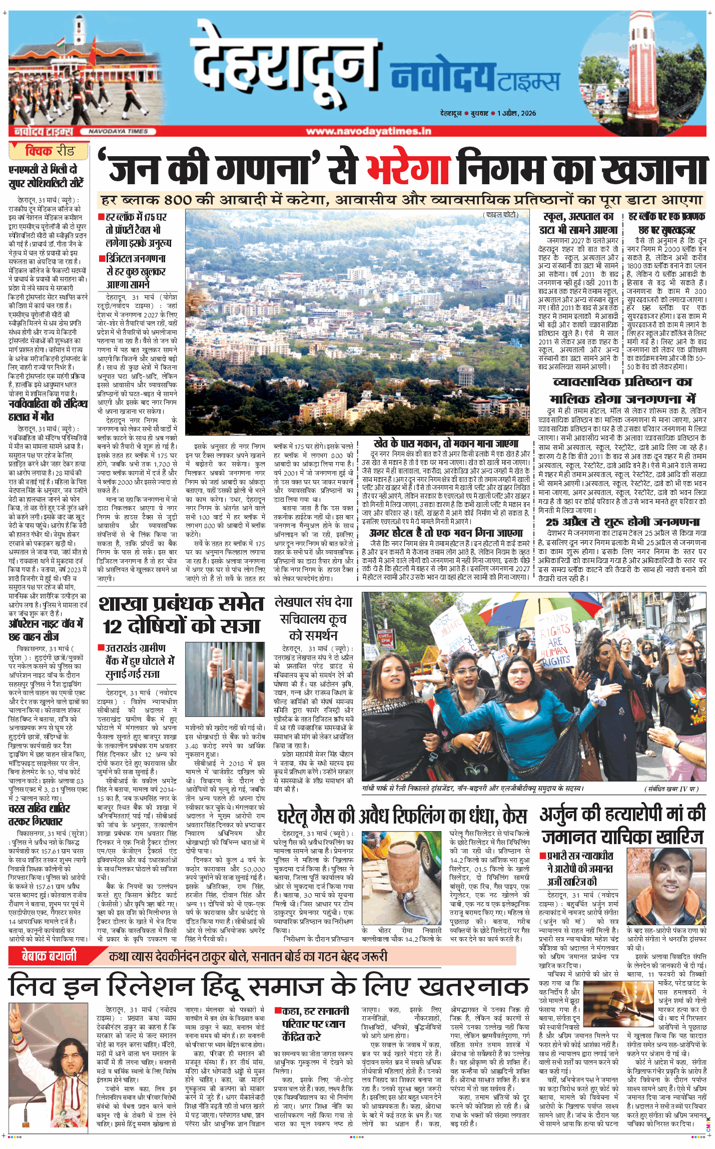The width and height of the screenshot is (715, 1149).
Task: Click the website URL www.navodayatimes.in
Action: [368, 131]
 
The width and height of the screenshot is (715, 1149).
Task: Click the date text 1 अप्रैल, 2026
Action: [516, 113]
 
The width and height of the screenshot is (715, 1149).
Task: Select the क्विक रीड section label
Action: [49, 151]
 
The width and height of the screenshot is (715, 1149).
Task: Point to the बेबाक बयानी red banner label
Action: [49, 956]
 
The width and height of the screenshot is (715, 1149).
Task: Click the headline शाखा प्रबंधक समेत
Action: [181, 604]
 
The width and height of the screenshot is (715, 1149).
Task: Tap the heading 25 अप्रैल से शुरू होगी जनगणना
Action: [622, 522]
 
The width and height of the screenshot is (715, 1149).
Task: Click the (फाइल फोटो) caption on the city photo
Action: [500, 215]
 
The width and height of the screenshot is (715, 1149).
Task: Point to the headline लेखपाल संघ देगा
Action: [313, 602]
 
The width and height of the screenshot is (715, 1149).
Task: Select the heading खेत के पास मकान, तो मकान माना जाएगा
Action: [446, 444]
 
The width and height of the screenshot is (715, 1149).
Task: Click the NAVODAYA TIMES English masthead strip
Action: [118, 131]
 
